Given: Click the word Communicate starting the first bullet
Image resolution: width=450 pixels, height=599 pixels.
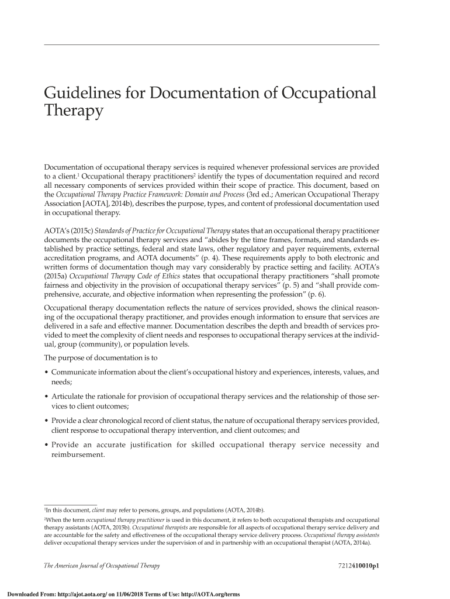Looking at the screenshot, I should [79, 372].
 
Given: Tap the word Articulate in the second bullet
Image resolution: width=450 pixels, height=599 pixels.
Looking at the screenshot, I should [73, 398].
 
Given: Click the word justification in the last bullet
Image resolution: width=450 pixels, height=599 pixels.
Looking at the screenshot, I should [148, 445].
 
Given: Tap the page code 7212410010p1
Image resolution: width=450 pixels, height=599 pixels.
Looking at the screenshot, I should [355, 566].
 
